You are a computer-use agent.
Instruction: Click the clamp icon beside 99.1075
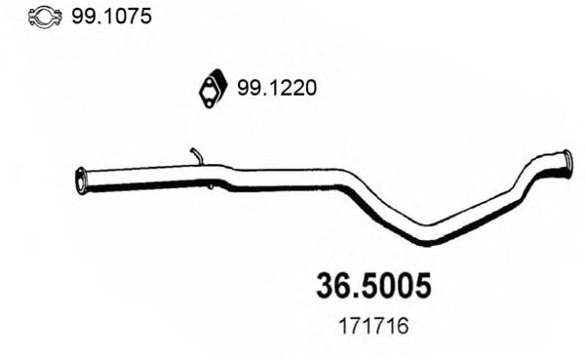[x=42, y=18]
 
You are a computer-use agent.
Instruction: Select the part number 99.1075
[x=108, y=18]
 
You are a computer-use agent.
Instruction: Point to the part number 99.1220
[x=276, y=89]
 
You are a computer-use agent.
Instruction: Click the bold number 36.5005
[x=373, y=285]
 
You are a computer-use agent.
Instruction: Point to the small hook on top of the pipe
[x=196, y=154]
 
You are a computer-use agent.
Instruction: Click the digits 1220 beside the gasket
[x=292, y=89]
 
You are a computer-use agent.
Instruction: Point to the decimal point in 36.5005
[x=356, y=296]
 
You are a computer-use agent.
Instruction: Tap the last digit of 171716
[x=403, y=329]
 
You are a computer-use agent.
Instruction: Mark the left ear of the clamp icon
[x=30, y=18]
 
